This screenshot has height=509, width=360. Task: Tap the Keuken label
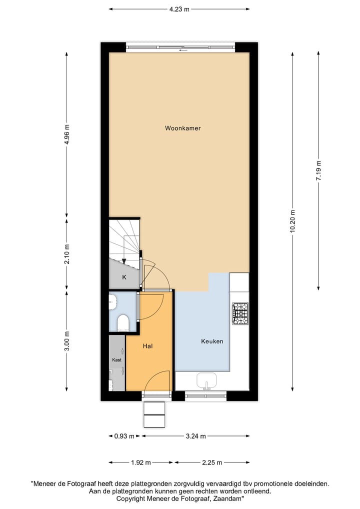(x=212, y=341)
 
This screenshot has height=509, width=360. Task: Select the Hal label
(x=147, y=345)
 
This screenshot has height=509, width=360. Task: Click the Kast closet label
(x=116, y=359)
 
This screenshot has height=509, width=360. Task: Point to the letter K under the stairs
(x=124, y=277)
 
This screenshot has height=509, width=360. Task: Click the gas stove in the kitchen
(x=239, y=314)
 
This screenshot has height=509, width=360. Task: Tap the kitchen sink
(x=206, y=381)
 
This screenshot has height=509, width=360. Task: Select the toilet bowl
(x=122, y=323)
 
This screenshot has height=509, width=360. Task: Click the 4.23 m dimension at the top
(x=179, y=8)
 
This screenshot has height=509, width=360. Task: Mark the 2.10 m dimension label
(x=67, y=253)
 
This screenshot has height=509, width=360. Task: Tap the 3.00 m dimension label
(x=67, y=341)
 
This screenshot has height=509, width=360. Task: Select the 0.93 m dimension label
(x=124, y=436)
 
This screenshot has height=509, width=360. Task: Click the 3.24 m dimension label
(x=195, y=436)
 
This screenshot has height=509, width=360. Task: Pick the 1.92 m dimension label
(x=141, y=462)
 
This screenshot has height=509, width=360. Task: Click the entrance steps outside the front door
(x=154, y=414)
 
